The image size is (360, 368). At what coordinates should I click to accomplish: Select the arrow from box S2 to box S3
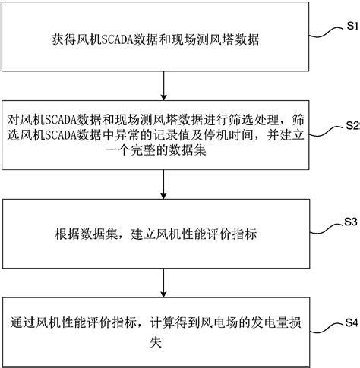pos(164,184)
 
